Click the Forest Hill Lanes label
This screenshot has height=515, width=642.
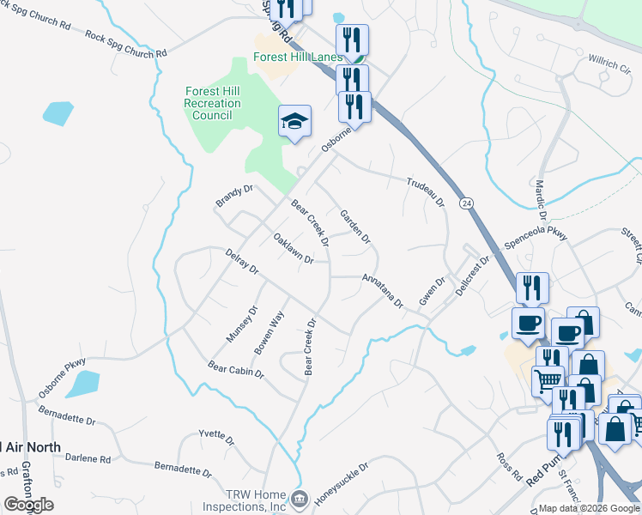click(x=297, y=58)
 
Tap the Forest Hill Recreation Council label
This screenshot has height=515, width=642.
click(x=213, y=104)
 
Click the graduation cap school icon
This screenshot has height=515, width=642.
click(x=294, y=122)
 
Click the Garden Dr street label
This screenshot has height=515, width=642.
click(x=354, y=225)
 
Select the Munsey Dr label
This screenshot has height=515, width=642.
click(x=241, y=325)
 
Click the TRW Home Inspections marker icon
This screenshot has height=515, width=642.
click(x=299, y=498)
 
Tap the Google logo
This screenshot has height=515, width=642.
click(x=28, y=505)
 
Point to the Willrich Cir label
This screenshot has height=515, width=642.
click(x=610, y=64)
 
